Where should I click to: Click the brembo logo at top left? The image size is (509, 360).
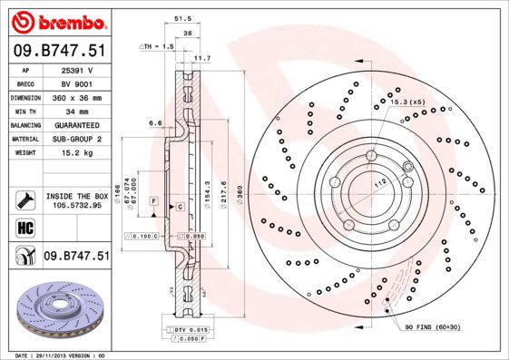[x=56, y=21]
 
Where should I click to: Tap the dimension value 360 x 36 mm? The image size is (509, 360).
[x=76, y=97]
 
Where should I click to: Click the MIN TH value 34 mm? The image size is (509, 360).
[x=76, y=111]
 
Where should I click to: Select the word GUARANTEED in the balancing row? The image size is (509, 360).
[x=76, y=125]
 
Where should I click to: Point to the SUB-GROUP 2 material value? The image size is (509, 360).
[x=76, y=139]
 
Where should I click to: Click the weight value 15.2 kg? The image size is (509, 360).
[x=76, y=153]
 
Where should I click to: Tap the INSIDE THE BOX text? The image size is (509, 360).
[x=76, y=195]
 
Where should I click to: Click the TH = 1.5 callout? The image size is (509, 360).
[x=156, y=45]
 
